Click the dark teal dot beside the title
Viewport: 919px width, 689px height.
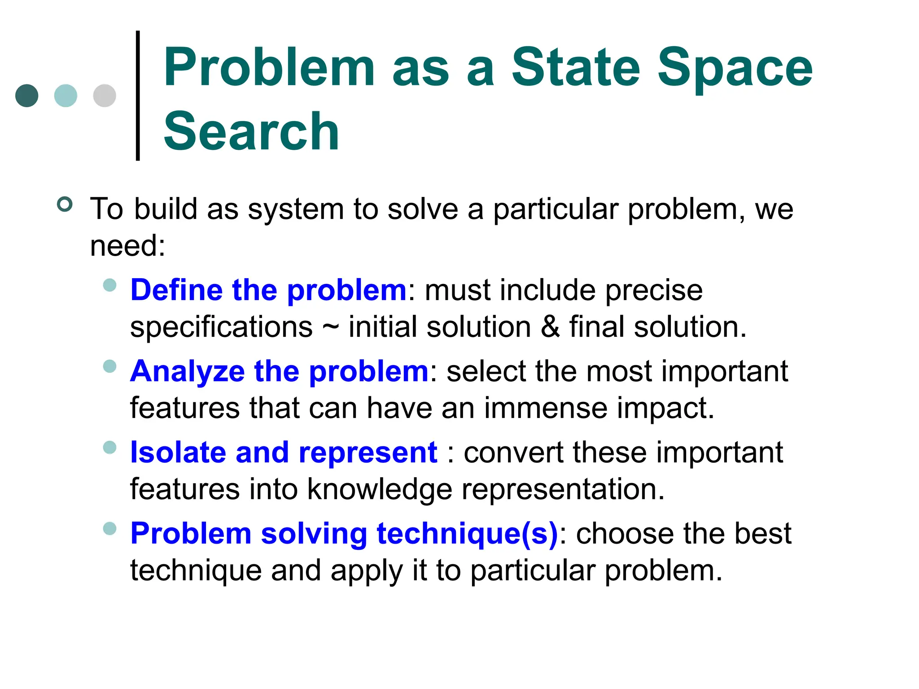(27, 96)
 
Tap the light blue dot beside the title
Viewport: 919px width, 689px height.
(66, 96)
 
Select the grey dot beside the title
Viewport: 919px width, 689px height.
(105, 96)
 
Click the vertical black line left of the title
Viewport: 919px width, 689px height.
(138, 95)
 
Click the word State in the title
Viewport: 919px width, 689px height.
(576, 68)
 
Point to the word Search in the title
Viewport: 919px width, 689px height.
(251, 132)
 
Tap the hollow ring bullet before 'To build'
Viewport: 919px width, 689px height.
(65, 205)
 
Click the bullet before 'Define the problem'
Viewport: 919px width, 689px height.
(109, 285)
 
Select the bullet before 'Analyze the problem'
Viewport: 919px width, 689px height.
(109, 366)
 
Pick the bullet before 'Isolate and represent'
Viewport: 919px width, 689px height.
(109, 447)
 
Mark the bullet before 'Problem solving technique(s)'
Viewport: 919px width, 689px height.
(109, 528)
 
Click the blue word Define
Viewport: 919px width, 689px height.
(176, 290)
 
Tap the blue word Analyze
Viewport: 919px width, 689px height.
(187, 372)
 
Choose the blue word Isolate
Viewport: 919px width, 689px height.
(178, 452)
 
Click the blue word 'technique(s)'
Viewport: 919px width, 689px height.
(467, 534)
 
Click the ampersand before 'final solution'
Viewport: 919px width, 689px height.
(550, 327)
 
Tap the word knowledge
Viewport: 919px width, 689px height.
(380, 490)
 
